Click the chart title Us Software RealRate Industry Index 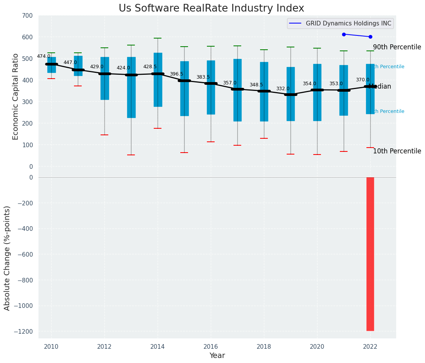pyautogui.click(x=211, y=8)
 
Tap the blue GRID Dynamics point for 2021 pyautogui.click(x=344, y=34)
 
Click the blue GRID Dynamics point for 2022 pyautogui.click(x=370, y=37)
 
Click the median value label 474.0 pyautogui.click(x=44, y=56)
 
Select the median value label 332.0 pyautogui.click(x=283, y=89)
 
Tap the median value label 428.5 pyautogui.click(x=150, y=67)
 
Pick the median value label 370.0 pyautogui.click(x=363, y=80)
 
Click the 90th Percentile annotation pyautogui.click(x=397, y=47)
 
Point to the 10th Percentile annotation pyautogui.click(x=397, y=151)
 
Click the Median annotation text pyautogui.click(x=380, y=87)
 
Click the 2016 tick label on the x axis pyautogui.click(x=211, y=347)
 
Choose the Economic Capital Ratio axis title pyautogui.click(x=16, y=96)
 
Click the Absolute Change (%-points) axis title pyautogui.click(x=7, y=258)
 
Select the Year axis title pyautogui.click(x=217, y=356)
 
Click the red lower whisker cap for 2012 pyautogui.click(x=104, y=135)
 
